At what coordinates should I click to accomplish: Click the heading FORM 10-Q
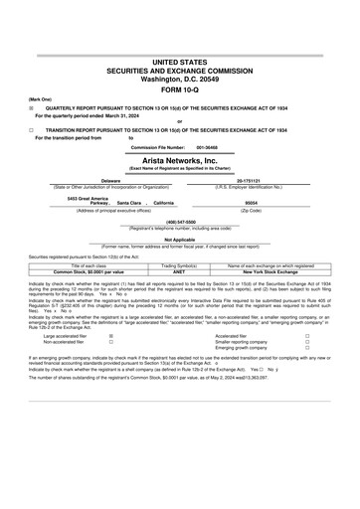click(180, 88)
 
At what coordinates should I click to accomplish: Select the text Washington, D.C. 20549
click(180, 78)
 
